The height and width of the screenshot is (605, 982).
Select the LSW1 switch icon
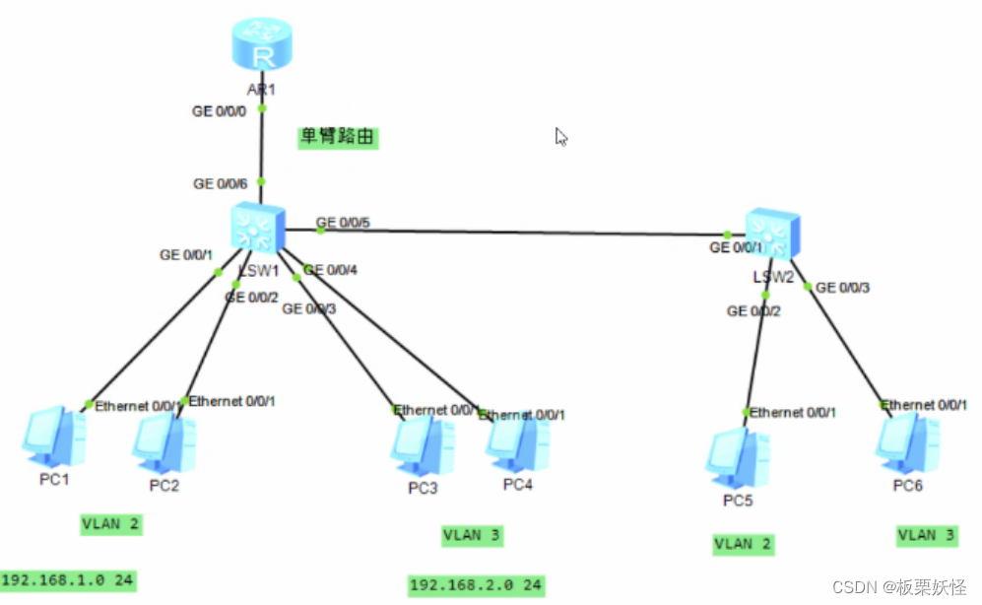[257, 227]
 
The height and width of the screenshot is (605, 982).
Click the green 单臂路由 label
[339, 137]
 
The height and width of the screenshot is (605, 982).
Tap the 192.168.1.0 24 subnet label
[68, 580]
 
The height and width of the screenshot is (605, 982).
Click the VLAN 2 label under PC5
[744, 543]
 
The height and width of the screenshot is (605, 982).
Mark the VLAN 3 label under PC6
[926, 535]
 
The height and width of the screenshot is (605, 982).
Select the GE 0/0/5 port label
[343, 222]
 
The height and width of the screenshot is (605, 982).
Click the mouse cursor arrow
[561, 137]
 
